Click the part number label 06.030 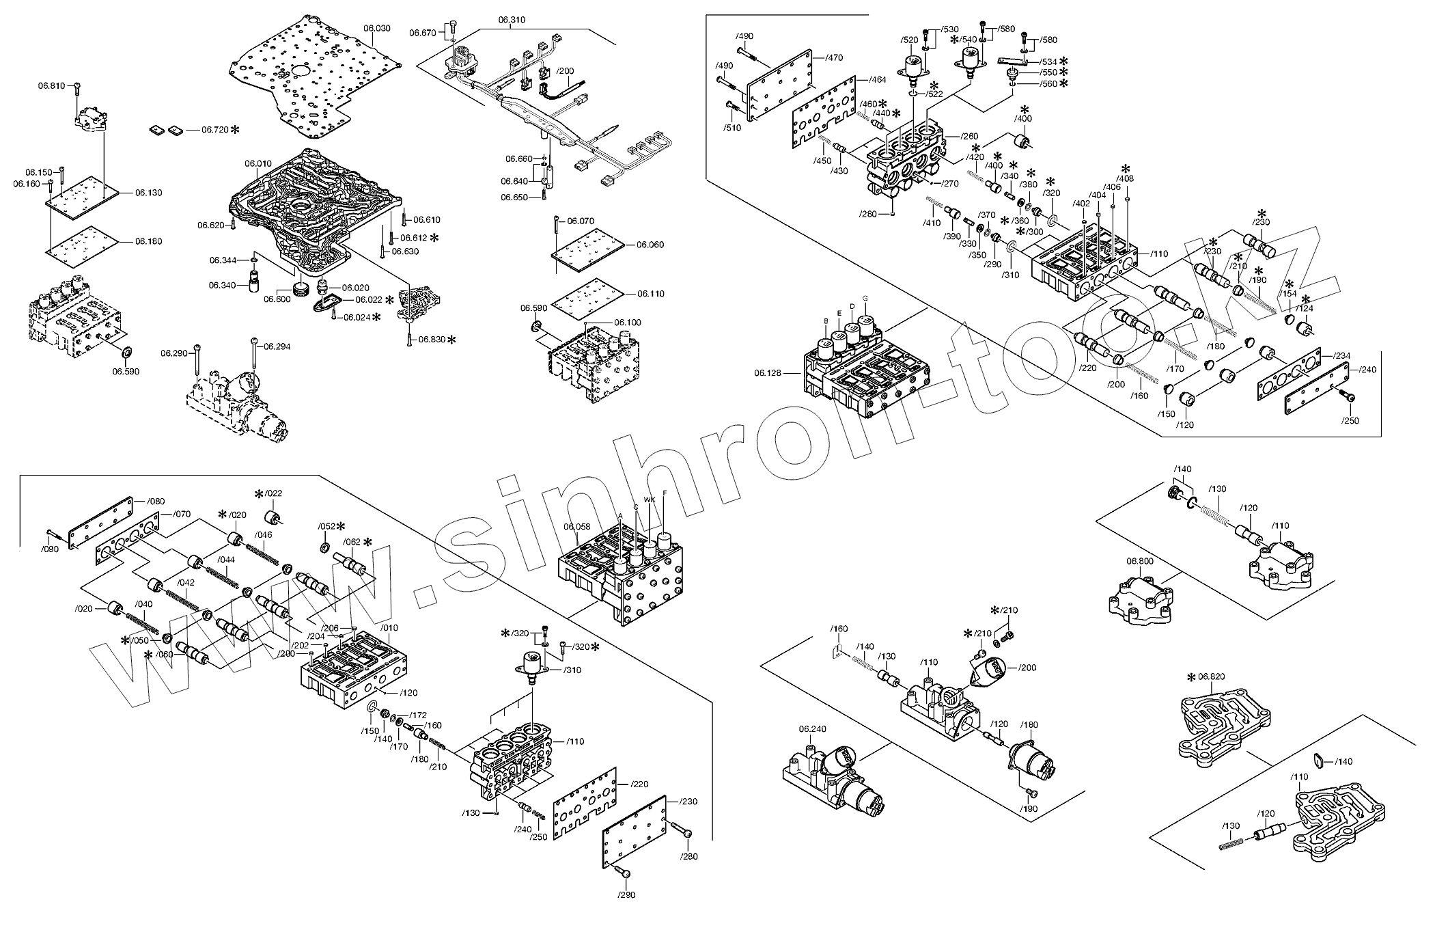376,28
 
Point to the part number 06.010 258,163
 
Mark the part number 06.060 650,245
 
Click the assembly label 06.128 768,373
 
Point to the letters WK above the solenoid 650,500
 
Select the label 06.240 812,729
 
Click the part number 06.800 1139,561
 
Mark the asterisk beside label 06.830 450,339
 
